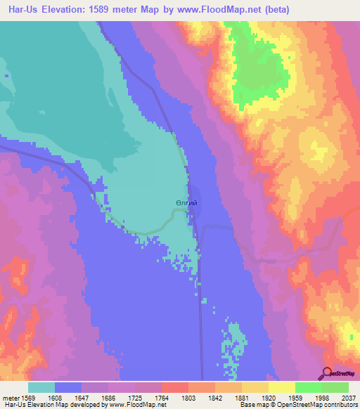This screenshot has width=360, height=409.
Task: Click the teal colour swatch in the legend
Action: pos(41,387)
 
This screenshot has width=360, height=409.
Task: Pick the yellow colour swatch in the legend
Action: pos(282,387)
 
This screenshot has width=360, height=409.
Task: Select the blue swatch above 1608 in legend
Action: pos(68,387)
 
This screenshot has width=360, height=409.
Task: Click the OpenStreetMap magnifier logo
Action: pos(326,374)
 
